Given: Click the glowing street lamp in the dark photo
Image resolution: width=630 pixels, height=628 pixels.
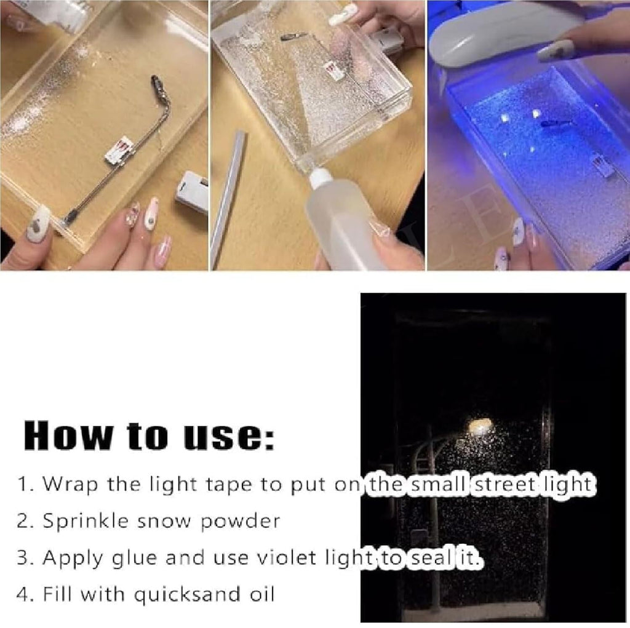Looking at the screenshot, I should (x=480, y=425).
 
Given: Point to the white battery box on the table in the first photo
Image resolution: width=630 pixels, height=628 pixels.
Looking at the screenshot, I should (x=191, y=191).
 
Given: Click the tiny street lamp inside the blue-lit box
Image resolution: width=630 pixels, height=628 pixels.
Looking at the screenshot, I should (x=552, y=124).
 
